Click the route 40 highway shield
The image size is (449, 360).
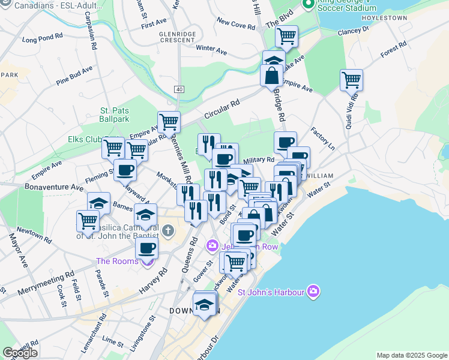[179, 89]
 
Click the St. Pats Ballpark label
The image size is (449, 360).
[115, 115]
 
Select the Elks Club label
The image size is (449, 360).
[85, 139]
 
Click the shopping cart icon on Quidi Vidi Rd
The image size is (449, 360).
[351, 79]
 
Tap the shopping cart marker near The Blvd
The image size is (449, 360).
[286, 36]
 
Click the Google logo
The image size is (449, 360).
[20, 353]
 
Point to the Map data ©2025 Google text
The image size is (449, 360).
[412, 355]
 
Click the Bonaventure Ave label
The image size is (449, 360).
[53, 187]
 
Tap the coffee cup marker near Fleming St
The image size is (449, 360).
[125, 170]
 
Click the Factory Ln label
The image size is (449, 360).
[322, 139]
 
